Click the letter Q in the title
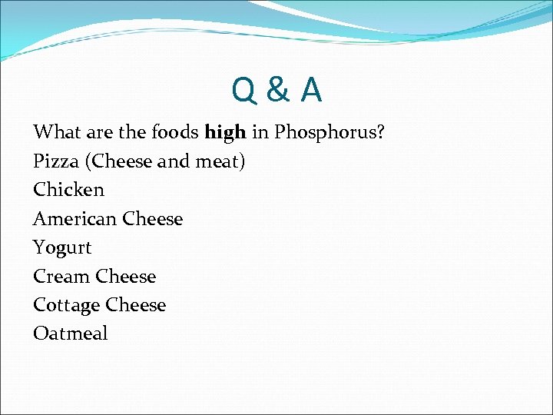pyautogui.click(x=245, y=91)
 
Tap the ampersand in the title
pyautogui.click(x=278, y=91)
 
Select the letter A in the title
pyautogui.click(x=311, y=91)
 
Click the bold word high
pyautogui.click(x=225, y=132)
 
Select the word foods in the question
pyautogui.click(x=174, y=132)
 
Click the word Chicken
pyautogui.click(x=68, y=190)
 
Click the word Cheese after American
pyautogui.click(x=152, y=219)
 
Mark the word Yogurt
pyautogui.click(x=62, y=248)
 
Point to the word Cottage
pyautogui.click(x=66, y=305)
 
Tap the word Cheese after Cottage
pyautogui.click(x=135, y=305)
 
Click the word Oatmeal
pyautogui.click(x=71, y=334)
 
